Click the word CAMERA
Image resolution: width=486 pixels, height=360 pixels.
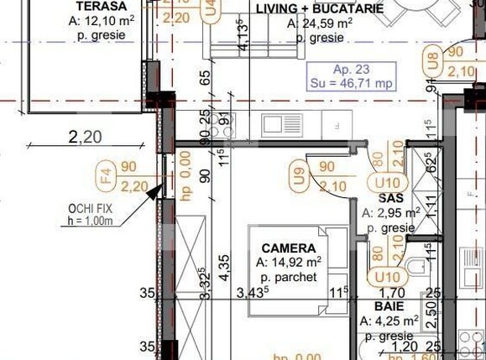[289, 248]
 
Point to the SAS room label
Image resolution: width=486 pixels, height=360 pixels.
[391, 198]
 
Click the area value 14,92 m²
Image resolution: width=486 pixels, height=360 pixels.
[290, 263]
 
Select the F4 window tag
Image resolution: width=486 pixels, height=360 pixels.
[106, 177]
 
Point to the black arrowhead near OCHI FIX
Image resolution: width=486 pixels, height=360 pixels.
[153, 191]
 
